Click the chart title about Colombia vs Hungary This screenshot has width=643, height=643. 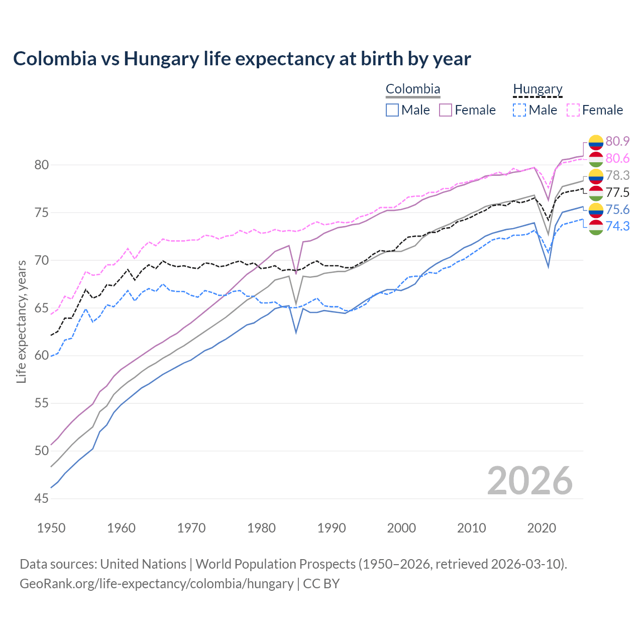(242, 59)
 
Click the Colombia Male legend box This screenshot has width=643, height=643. (392, 110)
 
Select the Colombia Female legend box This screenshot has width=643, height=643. (446, 110)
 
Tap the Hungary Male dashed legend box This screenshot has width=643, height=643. (519, 110)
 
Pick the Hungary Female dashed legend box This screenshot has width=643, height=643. (573, 110)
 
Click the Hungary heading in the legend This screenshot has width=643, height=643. (538, 89)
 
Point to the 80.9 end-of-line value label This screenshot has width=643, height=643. (617, 141)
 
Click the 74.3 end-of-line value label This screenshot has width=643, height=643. (617, 226)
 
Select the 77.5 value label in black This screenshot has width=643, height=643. (617, 192)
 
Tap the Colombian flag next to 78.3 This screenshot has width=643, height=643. (596, 175)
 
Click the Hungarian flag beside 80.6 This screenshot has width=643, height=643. (596, 159)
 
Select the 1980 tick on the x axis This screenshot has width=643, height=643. (261, 528)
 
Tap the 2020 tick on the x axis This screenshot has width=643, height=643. (542, 528)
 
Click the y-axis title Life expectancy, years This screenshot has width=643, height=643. (21, 321)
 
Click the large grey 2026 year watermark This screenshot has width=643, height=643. (529, 481)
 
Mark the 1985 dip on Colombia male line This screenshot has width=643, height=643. (296, 332)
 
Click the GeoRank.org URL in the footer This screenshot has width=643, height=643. (156, 584)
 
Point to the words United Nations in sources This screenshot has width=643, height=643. (143, 564)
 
